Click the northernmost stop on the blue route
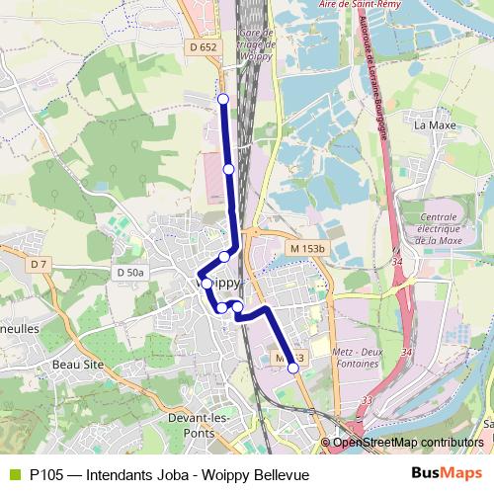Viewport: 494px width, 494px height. click(223, 99)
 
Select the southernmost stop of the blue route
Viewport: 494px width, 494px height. click(292, 369)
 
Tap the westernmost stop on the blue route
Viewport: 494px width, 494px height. click(206, 283)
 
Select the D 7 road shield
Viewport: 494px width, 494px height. click(39, 264)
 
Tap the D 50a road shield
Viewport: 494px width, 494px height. click(129, 272)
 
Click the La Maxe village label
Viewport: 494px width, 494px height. click(433, 125)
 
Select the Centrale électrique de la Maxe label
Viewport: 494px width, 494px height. click(435, 228)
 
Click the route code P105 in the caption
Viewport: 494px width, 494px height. click(47, 475)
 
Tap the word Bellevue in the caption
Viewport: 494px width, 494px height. click(280, 475)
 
